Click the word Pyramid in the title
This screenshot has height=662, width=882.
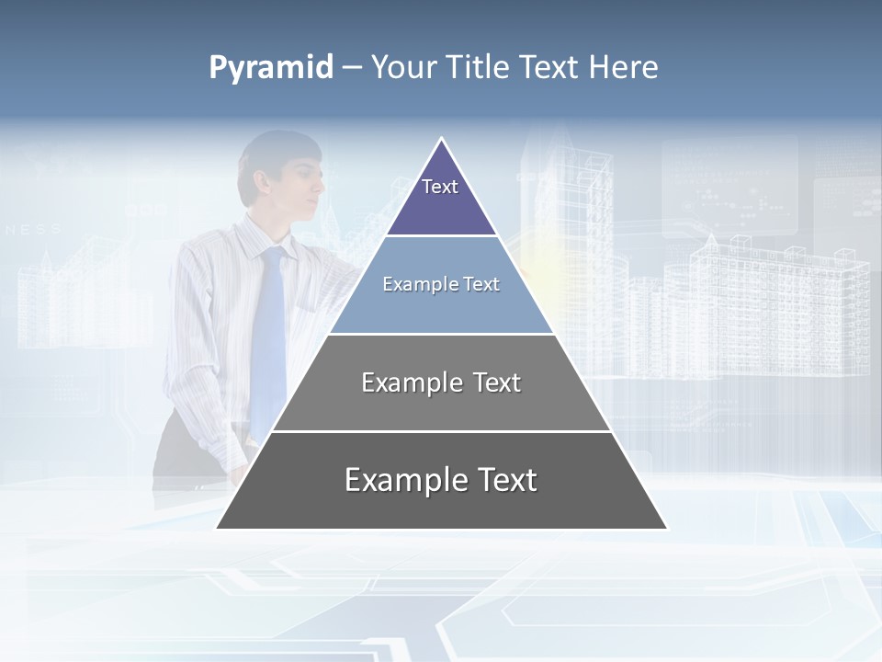coord(270,68)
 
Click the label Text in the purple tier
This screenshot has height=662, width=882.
coord(440,187)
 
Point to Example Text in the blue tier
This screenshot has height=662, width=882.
coord(441,284)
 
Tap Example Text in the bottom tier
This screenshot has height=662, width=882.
coord(441,480)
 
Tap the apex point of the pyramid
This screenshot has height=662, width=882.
coord(441,139)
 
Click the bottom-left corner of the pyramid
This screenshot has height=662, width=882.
coord(218,528)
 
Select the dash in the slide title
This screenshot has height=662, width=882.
coord(352,69)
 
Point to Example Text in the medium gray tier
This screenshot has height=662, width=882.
coord(441,382)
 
